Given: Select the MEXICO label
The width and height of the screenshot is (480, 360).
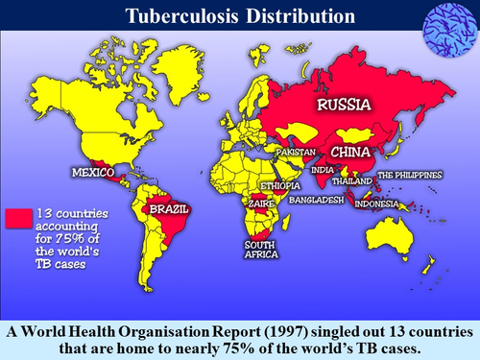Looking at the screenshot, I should click(93, 172).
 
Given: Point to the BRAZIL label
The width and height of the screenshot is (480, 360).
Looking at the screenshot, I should click(165, 208).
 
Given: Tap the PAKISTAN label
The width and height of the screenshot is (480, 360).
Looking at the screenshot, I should click(297, 153).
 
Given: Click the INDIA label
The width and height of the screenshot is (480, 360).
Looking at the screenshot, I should click(323, 171).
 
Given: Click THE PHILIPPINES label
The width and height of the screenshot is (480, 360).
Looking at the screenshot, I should click(409, 175).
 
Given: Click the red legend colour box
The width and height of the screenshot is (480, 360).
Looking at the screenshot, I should click(18, 217).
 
